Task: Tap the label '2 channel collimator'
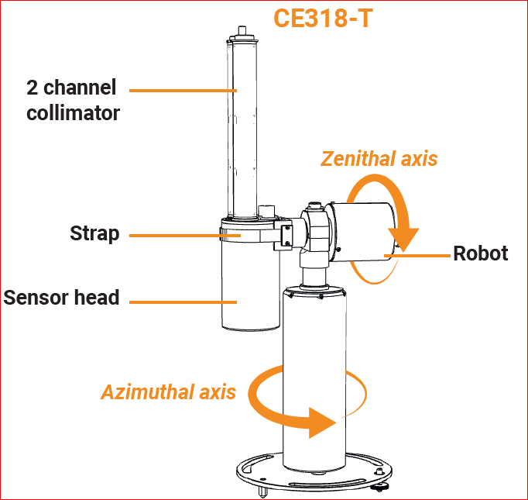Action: [x=73, y=100]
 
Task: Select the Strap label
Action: [x=94, y=233]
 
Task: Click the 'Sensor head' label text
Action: [x=62, y=298]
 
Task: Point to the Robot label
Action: [x=480, y=253]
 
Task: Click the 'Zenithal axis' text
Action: [x=379, y=159]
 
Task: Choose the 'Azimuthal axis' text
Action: [x=168, y=391]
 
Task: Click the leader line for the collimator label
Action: [x=183, y=91]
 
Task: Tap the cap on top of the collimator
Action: [x=241, y=34]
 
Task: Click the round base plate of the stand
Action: [x=310, y=478]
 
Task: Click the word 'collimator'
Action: [x=73, y=113]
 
